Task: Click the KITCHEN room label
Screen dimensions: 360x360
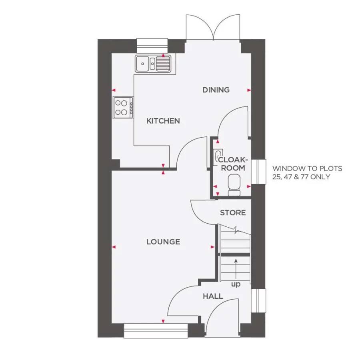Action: tap(163, 121)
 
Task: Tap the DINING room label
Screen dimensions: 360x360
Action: tap(216, 90)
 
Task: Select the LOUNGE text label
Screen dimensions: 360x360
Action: tap(163, 242)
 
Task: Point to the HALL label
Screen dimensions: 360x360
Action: tap(213, 296)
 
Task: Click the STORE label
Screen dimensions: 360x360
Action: tap(233, 213)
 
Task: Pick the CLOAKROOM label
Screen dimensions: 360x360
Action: tap(233, 164)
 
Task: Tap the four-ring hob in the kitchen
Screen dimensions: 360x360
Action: tap(123, 108)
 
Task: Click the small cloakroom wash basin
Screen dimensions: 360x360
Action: tap(217, 156)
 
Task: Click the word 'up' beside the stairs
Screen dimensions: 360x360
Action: tap(236, 284)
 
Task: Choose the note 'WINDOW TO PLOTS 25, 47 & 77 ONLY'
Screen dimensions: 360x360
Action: tap(307, 173)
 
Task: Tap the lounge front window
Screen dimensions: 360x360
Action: tap(156, 331)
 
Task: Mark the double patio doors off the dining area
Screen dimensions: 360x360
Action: tap(212, 28)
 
